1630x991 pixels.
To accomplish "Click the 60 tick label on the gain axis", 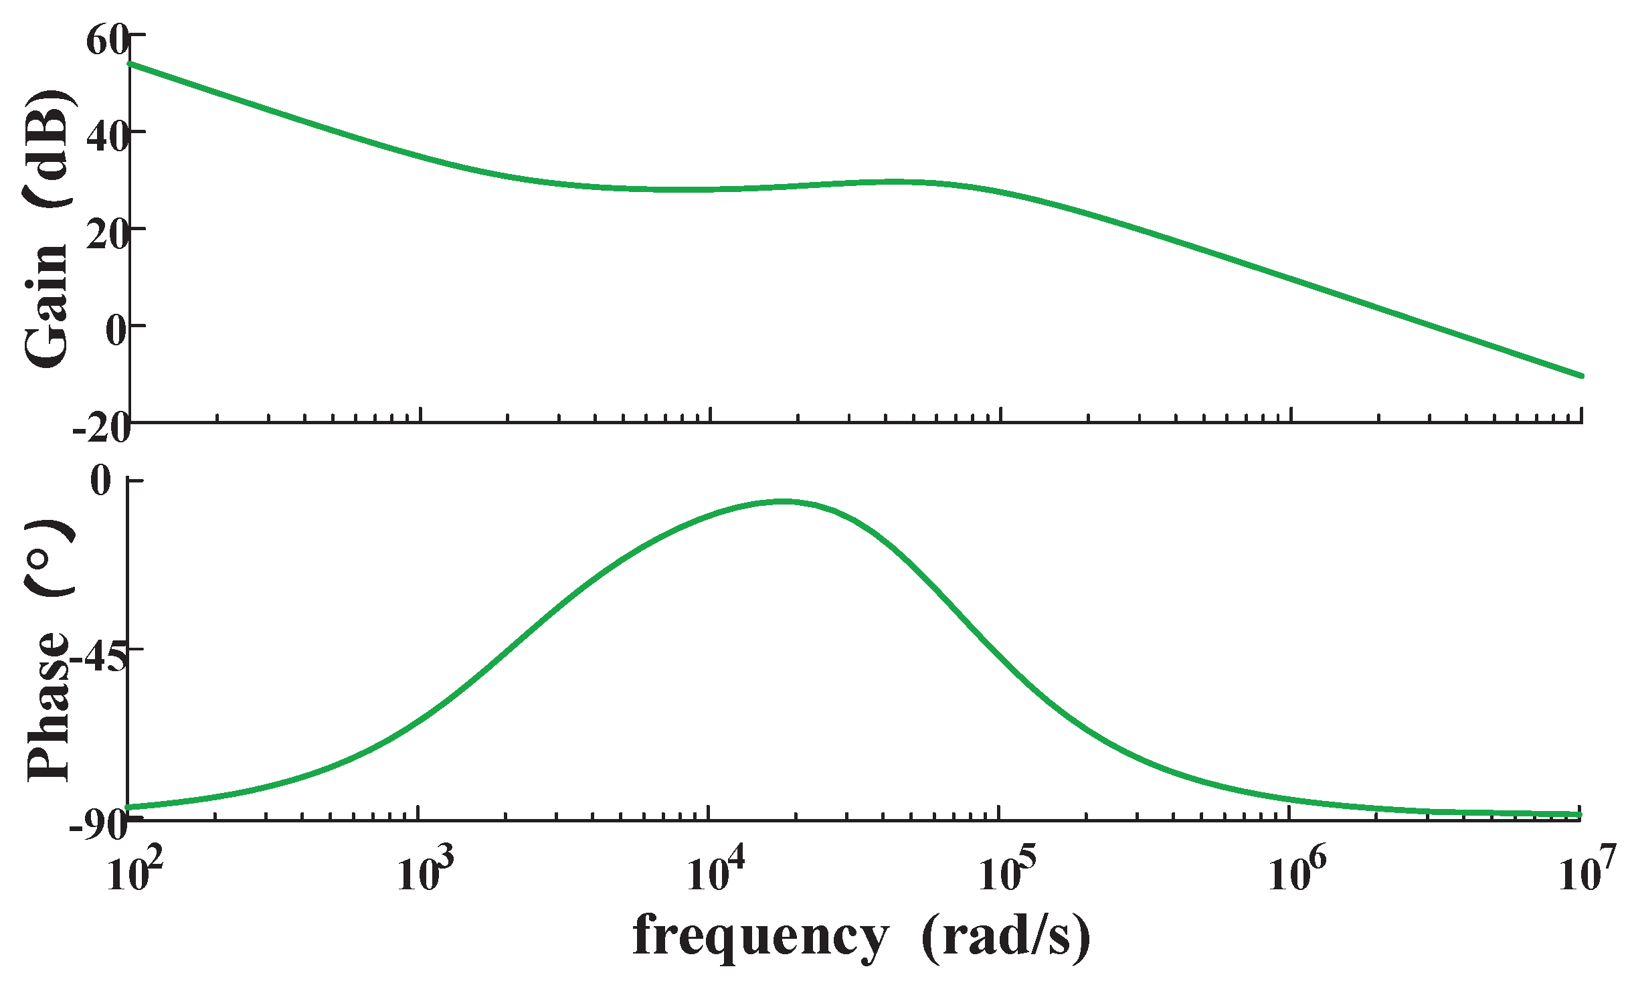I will point(106,41).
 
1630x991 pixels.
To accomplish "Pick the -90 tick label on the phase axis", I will point(98,826).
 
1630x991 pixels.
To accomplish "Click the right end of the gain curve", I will point(1582,376).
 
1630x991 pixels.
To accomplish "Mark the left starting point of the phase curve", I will point(129,808).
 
